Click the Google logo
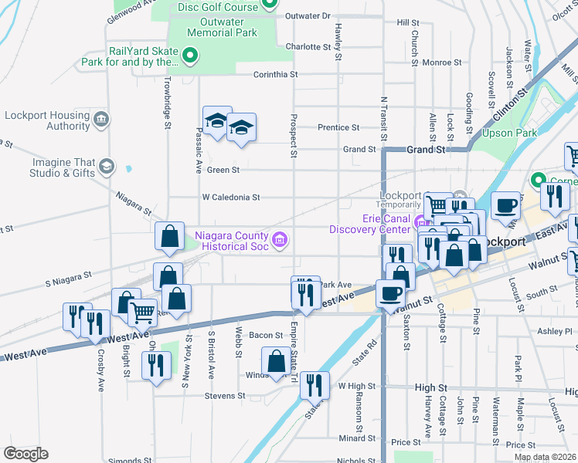(25, 454)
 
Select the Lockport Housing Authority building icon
(101, 120)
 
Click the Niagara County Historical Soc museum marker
(279, 240)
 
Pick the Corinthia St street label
(276, 75)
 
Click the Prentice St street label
(338, 127)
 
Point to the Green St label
(223, 170)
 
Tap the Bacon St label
(265, 335)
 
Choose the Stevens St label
(225, 396)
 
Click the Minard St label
(356, 438)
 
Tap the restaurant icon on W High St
(314, 385)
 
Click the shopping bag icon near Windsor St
(276, 360)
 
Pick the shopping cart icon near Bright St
(142, 313)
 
